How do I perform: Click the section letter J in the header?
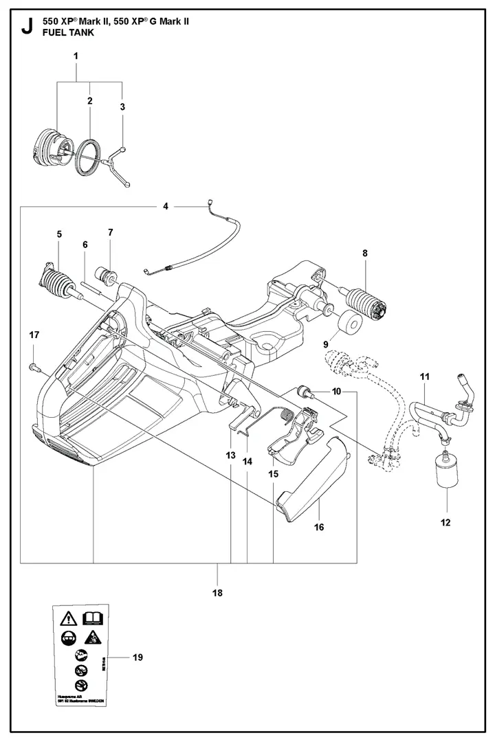[x=27, y=28]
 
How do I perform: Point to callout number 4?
[x=166, y=205]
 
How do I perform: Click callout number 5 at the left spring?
[x=59, y=235]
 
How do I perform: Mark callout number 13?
[x=230, y=455]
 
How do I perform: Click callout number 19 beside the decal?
[x=137, y=657]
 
